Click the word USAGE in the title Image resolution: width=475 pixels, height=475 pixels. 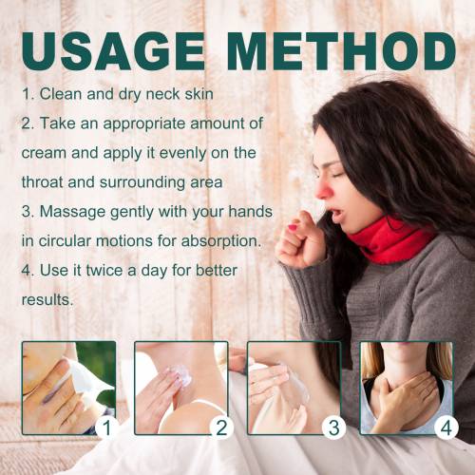[x=113, y=50]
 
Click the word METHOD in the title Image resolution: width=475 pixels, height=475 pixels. [x=341, y=50]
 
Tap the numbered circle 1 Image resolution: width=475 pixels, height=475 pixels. [x=107, y=427]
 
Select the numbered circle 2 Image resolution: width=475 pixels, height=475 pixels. [x=221, y=427]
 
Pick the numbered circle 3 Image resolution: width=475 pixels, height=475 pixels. [x=333, y=427]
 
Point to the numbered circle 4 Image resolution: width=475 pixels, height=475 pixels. [x=446, y=427]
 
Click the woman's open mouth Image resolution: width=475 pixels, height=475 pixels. [x=335, y=215]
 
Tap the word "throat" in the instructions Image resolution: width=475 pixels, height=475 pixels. [x=42, y=182]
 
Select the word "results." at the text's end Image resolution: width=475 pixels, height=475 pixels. [x=47, y=300]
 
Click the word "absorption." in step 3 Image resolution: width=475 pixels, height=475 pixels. [x=221, y=242]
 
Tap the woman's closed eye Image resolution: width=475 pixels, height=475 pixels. [x=337, y=175]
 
